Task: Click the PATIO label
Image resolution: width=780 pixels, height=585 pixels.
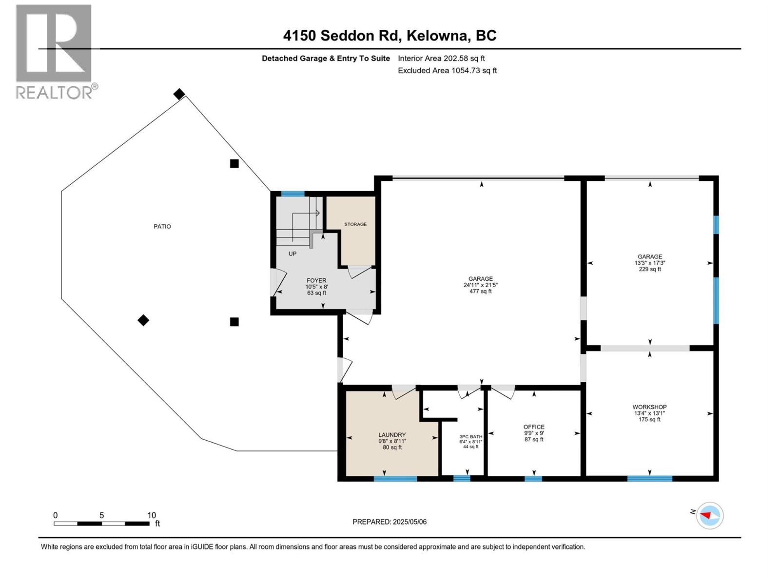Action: click(x=162, y=226)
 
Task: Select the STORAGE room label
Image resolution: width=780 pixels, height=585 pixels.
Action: click(x=355, y=224)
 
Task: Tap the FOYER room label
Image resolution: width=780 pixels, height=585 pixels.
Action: click(x=316, y=280)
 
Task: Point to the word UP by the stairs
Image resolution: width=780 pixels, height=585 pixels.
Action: click(x=292, y=253)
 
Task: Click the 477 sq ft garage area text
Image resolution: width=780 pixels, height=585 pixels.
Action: click(x=481, y=292)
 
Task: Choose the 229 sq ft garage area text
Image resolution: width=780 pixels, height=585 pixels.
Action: click(x=650, y=269)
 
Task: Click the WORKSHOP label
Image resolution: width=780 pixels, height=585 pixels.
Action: click(x=649, y=407)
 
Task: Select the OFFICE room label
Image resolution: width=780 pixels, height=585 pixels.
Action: click(x=534, y=427)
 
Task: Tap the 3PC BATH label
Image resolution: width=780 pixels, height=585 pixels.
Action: click(x=470, y=437)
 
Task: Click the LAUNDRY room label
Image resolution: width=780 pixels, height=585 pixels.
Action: click(x=392, y=435)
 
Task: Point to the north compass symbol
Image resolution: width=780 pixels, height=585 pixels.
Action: click(x=709, y=515)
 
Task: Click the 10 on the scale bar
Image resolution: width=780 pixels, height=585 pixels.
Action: click(x=152, y=515)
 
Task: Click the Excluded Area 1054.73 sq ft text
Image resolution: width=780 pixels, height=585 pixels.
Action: click(x=447, y=70)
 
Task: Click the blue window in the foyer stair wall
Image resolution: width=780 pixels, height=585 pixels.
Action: click(x=292, y=194)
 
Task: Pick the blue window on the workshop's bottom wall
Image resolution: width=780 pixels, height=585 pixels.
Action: click(x=649, y=478)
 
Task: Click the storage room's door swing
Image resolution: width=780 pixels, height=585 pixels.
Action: click(x=359, y=272)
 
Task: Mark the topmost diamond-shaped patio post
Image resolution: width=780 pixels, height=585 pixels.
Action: click(x=179, y=94)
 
